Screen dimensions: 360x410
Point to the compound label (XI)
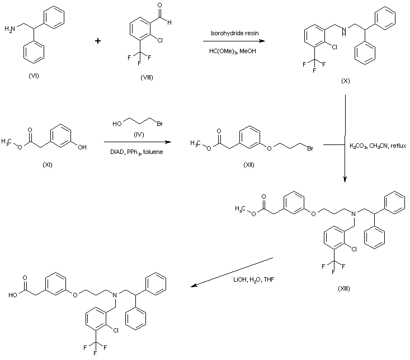coord(48,165)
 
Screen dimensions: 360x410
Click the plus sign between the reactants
coord(98,40)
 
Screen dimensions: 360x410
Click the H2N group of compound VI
coord(10,28)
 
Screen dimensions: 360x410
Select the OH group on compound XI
coord(82,147)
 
